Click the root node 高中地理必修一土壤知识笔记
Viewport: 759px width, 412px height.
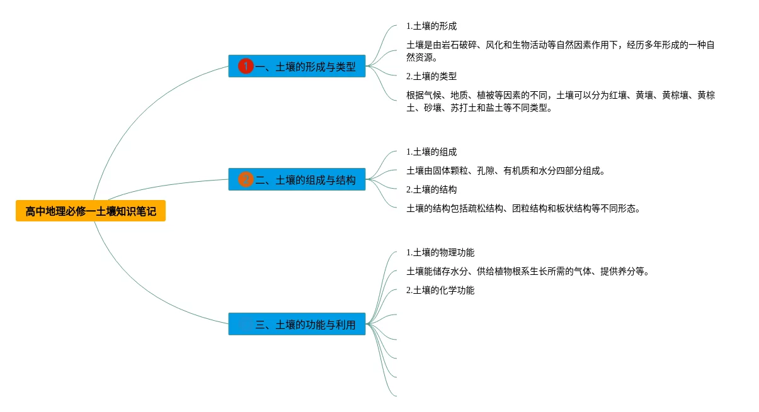coord(91,211)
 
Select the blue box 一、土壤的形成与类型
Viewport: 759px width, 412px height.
coord(297,66)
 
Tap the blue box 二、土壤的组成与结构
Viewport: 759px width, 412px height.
coord(297,180)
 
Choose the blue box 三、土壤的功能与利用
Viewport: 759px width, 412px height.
coord(297,325)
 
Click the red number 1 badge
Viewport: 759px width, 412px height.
coord(246,66)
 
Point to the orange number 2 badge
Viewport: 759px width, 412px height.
coord(246,180)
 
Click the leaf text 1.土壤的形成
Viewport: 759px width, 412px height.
coord(431,26)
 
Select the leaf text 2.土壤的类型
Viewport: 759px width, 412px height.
coord(431,76)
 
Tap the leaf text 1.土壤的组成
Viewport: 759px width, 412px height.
coord(431,152)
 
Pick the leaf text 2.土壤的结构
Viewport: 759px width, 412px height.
coord(431,189)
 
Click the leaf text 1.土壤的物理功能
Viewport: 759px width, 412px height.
coord(440,253)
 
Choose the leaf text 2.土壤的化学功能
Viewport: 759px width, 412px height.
coord(440,291)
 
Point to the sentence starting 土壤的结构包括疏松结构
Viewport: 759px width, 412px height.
coord(523,209)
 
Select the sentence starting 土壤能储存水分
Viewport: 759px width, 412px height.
coord(528,272)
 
